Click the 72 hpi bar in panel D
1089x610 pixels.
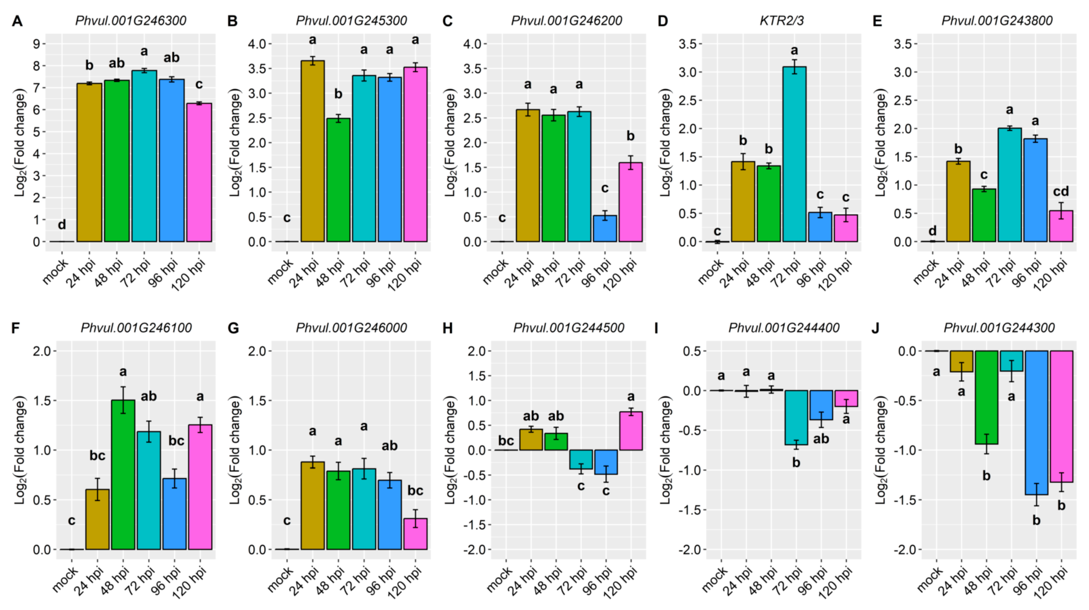pos(794,154)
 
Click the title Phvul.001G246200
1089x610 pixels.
pos(567,21)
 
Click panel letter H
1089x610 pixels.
pos(448,328)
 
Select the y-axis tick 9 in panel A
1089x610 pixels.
pos(37,44)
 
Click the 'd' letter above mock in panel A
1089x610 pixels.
pos(62,225)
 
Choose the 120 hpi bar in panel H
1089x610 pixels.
pos(631,431)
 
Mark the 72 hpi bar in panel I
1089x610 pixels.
pos(796,417)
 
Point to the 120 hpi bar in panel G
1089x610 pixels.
pos(415,534)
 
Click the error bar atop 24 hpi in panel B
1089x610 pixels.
pos(313,61)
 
